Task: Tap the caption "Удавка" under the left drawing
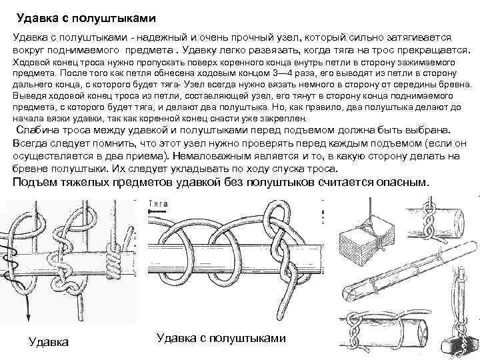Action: [49, 342]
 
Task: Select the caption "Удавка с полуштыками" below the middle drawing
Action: [221, 338]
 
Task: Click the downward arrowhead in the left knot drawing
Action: [29, 318]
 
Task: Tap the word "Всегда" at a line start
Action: [33, 142]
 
